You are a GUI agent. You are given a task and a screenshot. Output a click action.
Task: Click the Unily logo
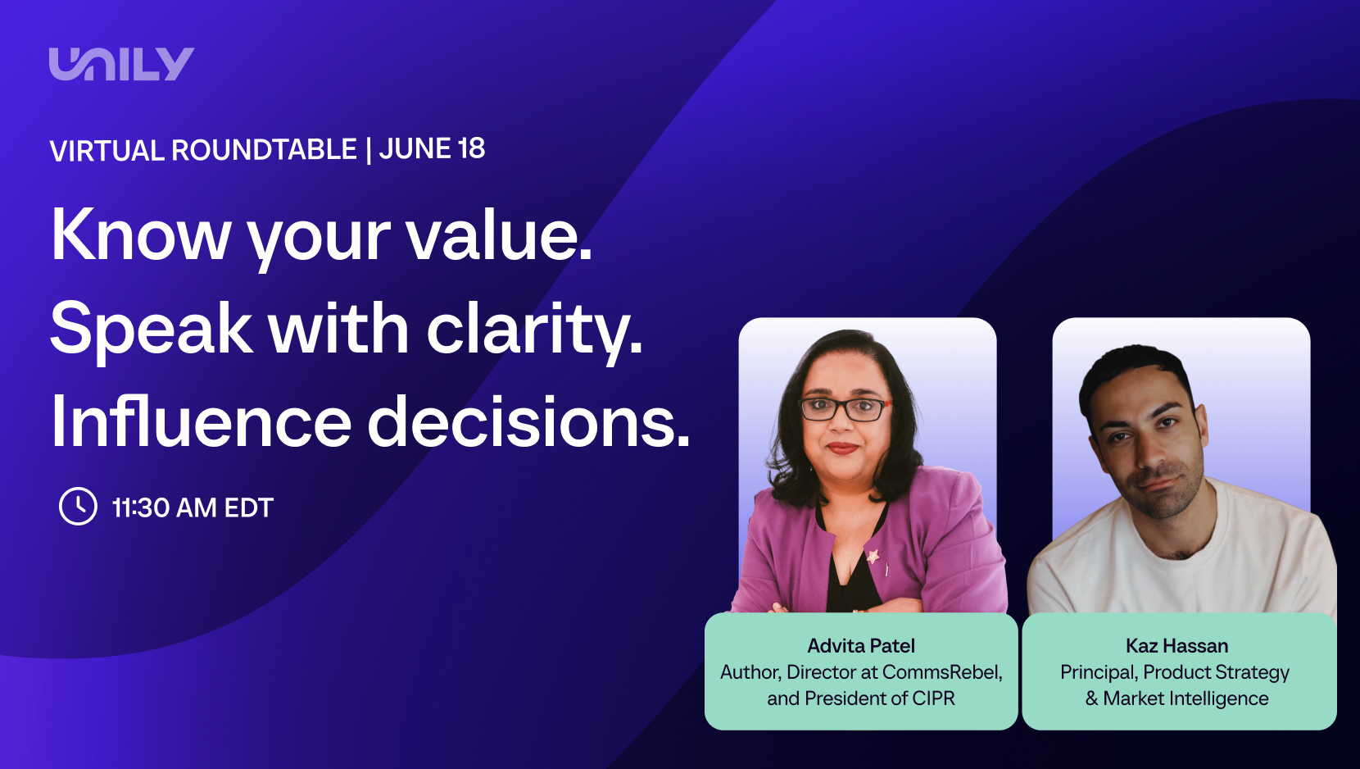click(121, 64)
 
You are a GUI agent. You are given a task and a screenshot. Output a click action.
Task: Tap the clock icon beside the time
click(78, 506)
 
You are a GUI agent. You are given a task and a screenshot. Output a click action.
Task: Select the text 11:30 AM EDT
click(193, 507)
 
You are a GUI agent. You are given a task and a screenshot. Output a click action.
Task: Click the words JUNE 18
click(433, 149)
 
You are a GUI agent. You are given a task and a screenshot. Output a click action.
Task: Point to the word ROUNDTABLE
click(264, 150)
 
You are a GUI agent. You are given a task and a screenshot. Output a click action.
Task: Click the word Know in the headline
click(141, 235)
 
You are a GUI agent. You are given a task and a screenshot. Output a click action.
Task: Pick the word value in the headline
click(499, 235)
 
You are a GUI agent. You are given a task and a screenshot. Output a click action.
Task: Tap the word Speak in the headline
click(152, 330)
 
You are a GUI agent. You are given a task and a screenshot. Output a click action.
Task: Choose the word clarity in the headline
click(534, 330)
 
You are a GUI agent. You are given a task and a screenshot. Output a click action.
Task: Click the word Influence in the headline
click(202, 421)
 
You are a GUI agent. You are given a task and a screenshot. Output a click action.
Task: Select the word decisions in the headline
click(528, 421)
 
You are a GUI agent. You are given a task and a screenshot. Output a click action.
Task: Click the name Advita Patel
click(861, 646)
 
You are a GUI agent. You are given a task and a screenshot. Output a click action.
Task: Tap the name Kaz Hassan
click(1177, 646)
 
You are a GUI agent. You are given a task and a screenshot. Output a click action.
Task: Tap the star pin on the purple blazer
click(873, 556)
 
